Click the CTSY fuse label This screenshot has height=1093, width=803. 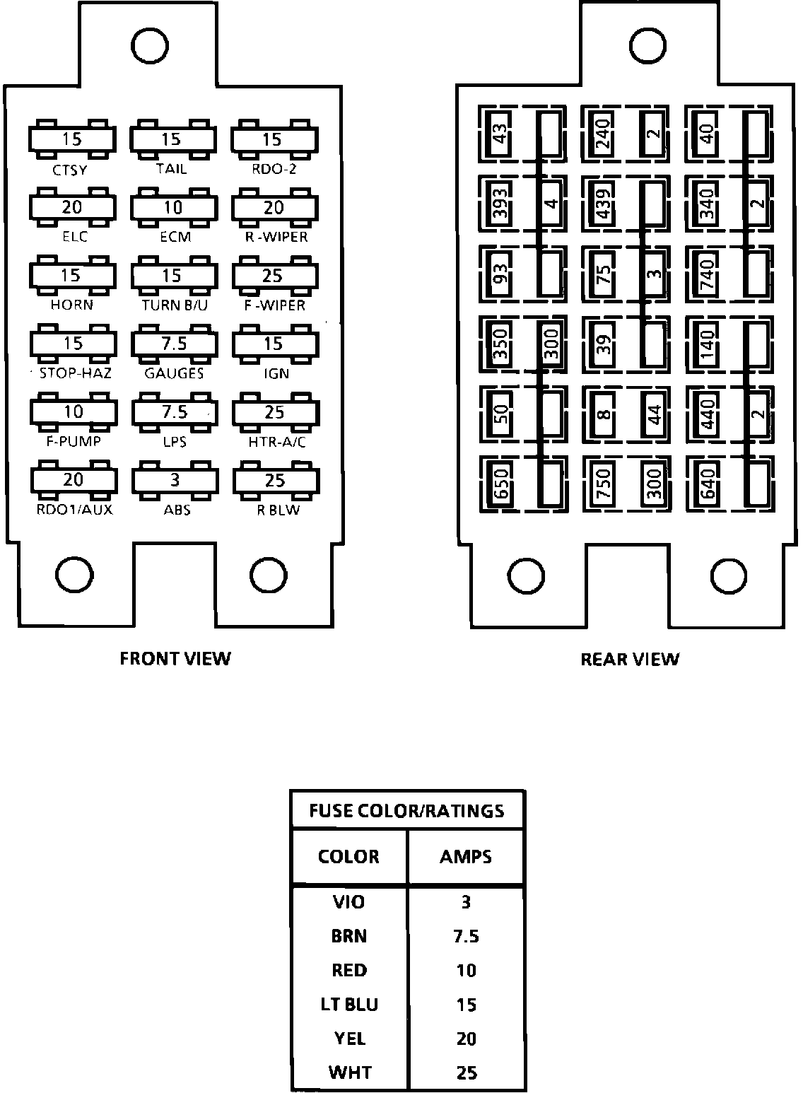pos(71,170)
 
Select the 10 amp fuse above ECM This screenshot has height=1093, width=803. pos(173,207)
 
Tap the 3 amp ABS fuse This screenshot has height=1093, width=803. pos(175,480)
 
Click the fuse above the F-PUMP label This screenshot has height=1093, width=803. pos(73,411)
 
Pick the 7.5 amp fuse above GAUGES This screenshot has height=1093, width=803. pos(174,344)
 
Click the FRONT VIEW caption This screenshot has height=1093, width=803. pos(175,659)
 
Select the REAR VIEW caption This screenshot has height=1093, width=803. pos(629,660)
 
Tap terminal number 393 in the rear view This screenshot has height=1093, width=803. pos(500,204)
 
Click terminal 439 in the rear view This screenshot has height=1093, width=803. pos(603,204)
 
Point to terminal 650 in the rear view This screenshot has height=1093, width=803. pos(501,484)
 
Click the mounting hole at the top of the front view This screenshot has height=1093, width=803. pos(150,47)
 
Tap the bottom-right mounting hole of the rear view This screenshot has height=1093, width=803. pos(729,576)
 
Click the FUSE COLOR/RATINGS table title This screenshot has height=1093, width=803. pos(407,810)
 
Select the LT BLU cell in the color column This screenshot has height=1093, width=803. pos(349,1005)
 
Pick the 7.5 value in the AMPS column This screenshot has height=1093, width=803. pos(466,937)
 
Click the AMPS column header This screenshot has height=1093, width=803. pos(466,857)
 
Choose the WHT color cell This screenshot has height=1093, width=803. pos(349,1072)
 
